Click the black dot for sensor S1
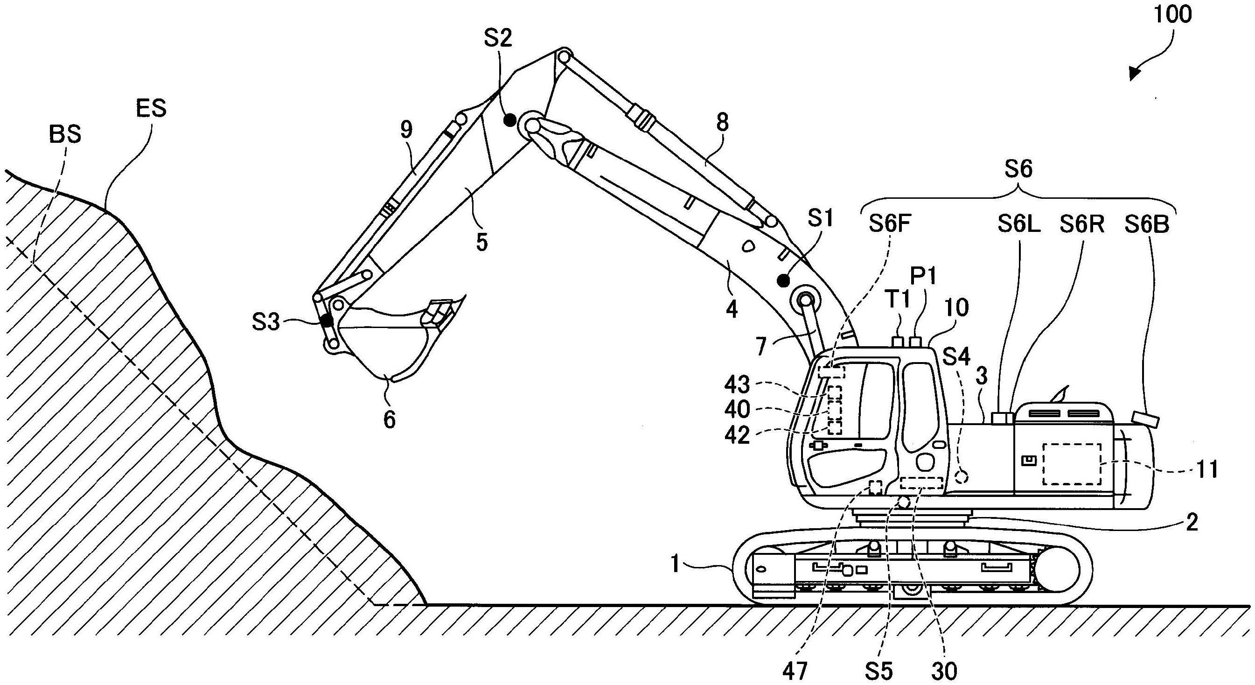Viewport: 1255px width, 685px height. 783,280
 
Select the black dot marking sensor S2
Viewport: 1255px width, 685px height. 509,120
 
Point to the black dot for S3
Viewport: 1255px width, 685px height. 326,321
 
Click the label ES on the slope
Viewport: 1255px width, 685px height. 151,108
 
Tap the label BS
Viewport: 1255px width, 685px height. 65,134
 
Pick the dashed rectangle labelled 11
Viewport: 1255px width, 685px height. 1071,464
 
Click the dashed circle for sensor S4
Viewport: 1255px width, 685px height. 961,476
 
